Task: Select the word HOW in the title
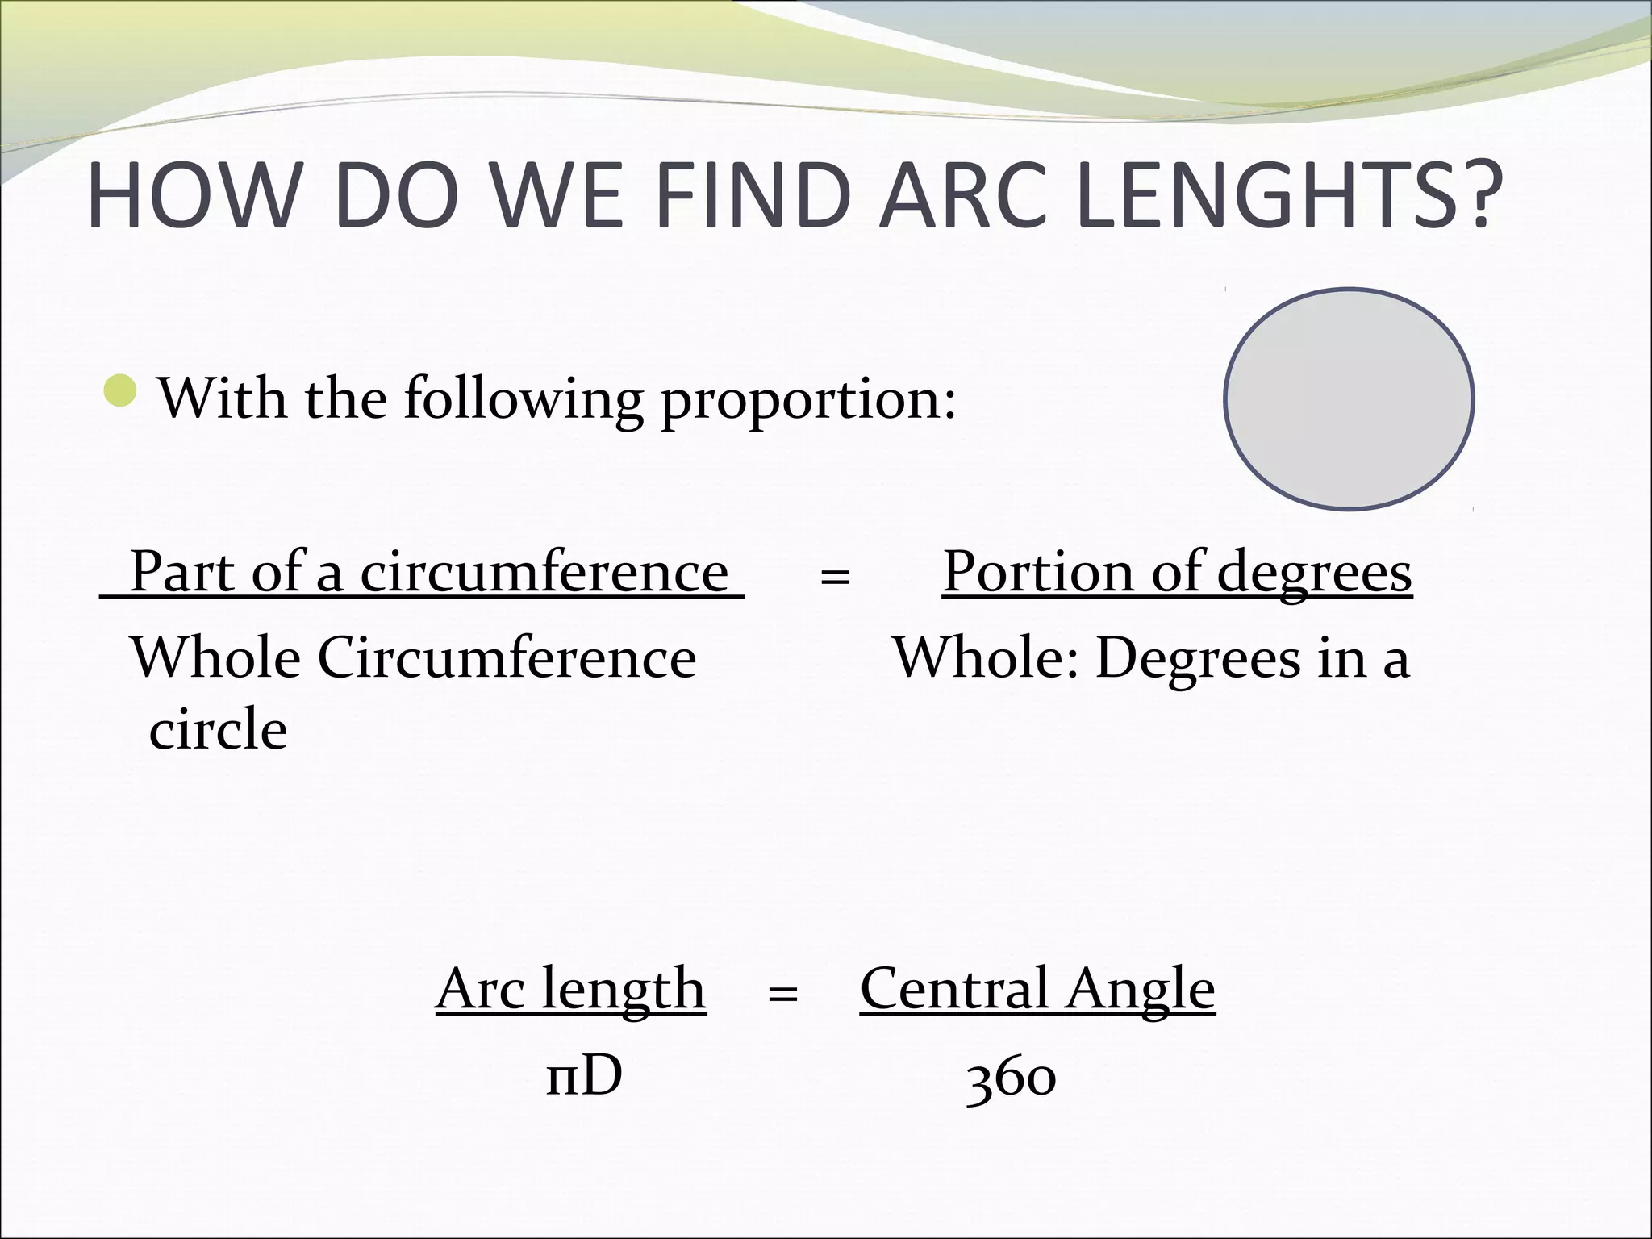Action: tap(190, 196)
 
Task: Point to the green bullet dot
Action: tap(121, 390)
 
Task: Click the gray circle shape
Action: tap(1349, 398)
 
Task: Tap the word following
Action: tap(523, 399)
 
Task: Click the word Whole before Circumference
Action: tap(215, 657)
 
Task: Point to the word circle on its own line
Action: tap(218, 728)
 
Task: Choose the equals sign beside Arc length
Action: tap(782, 993)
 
